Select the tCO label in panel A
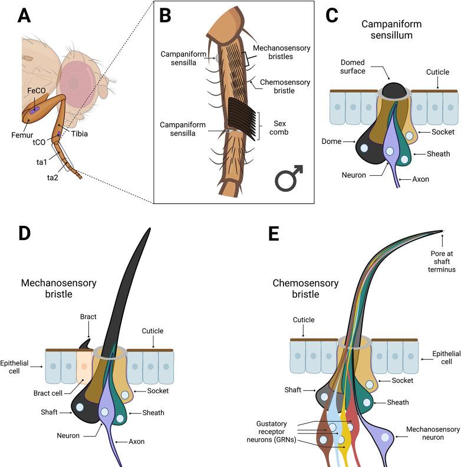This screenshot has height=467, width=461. click(39, 142)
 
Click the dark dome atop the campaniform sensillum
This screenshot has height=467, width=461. click(394, 90)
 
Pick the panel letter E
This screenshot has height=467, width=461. click(273, 233)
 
